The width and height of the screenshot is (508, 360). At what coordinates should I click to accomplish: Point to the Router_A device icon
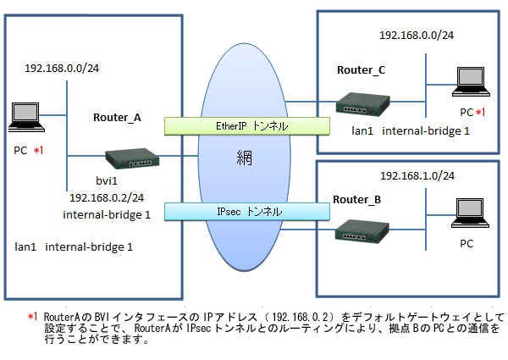point(130,158)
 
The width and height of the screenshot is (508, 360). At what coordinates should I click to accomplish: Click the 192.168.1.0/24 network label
point(412,174)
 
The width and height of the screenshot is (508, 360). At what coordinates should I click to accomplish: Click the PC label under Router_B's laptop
point(466,243)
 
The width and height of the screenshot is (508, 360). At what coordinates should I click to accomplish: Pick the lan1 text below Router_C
point(363,132)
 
